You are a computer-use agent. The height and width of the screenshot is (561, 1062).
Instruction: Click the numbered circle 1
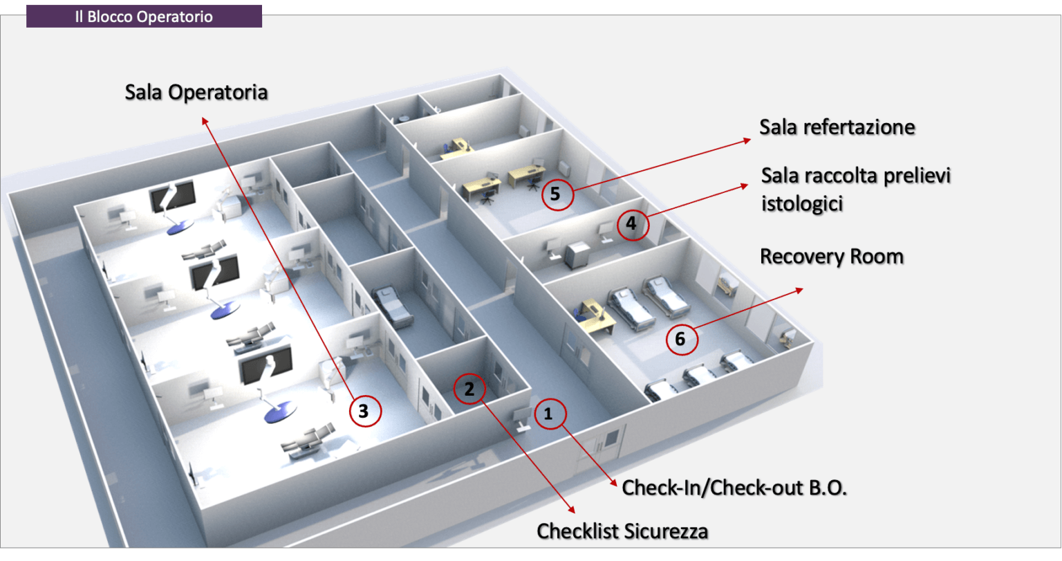549,414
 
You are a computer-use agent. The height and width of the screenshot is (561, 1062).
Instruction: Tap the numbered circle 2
469,388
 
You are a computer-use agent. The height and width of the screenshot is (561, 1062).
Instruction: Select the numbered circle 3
364,412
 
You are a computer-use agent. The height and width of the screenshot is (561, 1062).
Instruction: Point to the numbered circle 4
631,223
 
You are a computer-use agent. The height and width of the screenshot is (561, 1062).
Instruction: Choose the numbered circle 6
680,339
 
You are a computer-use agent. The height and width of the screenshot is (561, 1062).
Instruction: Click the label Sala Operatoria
196,92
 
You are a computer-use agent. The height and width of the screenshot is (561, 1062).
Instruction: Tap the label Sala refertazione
837,127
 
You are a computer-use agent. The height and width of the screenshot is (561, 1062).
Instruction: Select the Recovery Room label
832,257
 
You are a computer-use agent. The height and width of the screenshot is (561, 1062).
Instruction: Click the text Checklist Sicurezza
622,531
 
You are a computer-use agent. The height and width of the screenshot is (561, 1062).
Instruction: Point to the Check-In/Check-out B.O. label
735,488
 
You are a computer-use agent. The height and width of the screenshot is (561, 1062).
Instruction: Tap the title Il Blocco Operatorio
144,17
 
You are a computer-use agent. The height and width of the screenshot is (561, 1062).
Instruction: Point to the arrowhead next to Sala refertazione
747,140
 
